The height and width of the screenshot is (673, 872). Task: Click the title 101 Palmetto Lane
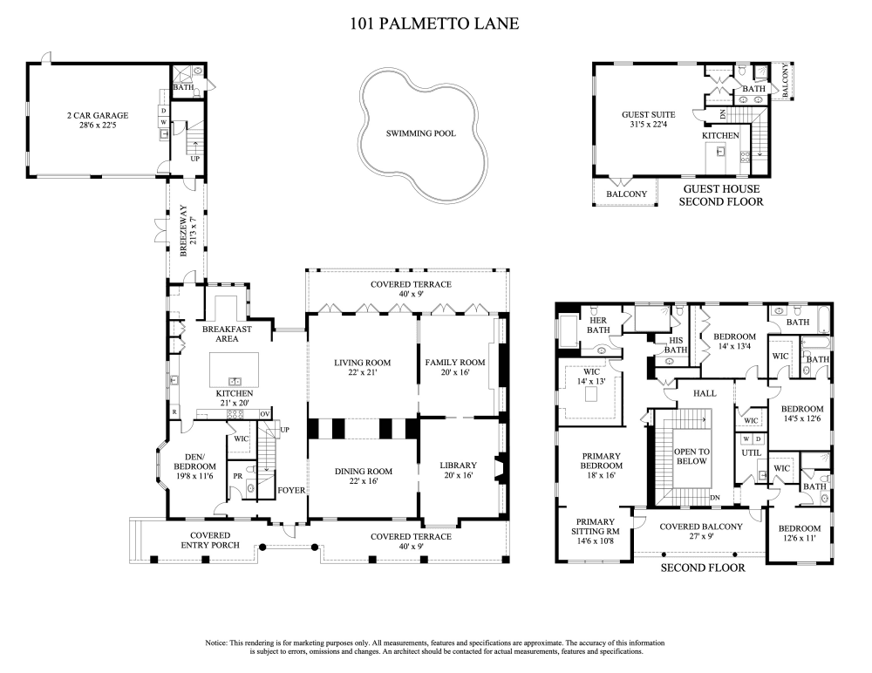point(434,24)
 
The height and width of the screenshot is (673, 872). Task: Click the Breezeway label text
point(184,230)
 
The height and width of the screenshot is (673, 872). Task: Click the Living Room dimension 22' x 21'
point(362,373)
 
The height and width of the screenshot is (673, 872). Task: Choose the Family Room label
point(454,362)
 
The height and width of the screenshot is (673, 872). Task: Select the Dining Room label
point(363,472)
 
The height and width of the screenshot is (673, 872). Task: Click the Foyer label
point(290,490)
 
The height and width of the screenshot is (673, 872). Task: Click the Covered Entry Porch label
point(200,540)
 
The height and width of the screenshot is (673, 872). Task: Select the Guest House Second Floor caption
point(721,194)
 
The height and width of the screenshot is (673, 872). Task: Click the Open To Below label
point(691,455)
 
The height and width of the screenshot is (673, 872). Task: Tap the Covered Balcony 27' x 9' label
point(700,532)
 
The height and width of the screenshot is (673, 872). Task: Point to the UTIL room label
point(751,453)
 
